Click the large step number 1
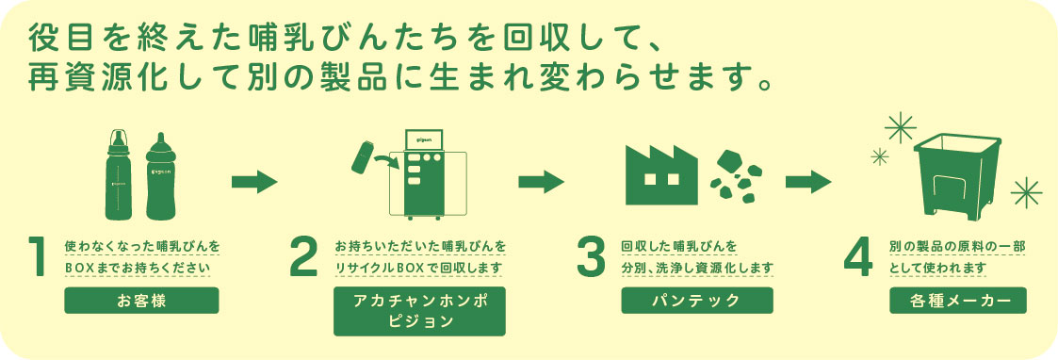[38, 256]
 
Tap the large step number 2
[303, 256]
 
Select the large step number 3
[591, 256]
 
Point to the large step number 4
[858, 256]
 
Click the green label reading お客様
[141, 301]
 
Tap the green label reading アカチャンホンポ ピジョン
[419, 311]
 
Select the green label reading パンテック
[697, 301]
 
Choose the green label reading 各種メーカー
[958, 301]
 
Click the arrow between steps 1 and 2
[254, 182]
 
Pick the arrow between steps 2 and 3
[541, 182]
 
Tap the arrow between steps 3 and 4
[808, 182]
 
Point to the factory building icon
[661, 175]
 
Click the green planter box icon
[957, 175]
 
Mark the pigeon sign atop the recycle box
[422, 139]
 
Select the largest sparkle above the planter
[900, 127]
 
